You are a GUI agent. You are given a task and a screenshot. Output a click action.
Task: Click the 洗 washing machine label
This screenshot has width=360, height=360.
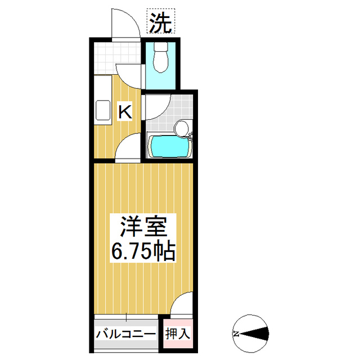[161, 22]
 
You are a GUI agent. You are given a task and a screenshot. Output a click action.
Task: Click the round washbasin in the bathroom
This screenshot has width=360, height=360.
[181, 128]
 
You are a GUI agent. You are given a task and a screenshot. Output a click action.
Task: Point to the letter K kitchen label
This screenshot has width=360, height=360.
[124, 111]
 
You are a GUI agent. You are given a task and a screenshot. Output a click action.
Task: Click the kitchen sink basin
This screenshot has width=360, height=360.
[103, 110]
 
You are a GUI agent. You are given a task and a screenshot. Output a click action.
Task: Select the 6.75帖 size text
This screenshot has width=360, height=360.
[143, 251]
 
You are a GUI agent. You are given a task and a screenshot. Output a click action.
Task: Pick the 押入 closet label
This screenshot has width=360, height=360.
[178, 334]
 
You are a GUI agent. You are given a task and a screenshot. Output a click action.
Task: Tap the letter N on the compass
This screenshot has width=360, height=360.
[237, 334]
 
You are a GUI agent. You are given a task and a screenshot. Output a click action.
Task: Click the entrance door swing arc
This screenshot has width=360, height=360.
[125, 24]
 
